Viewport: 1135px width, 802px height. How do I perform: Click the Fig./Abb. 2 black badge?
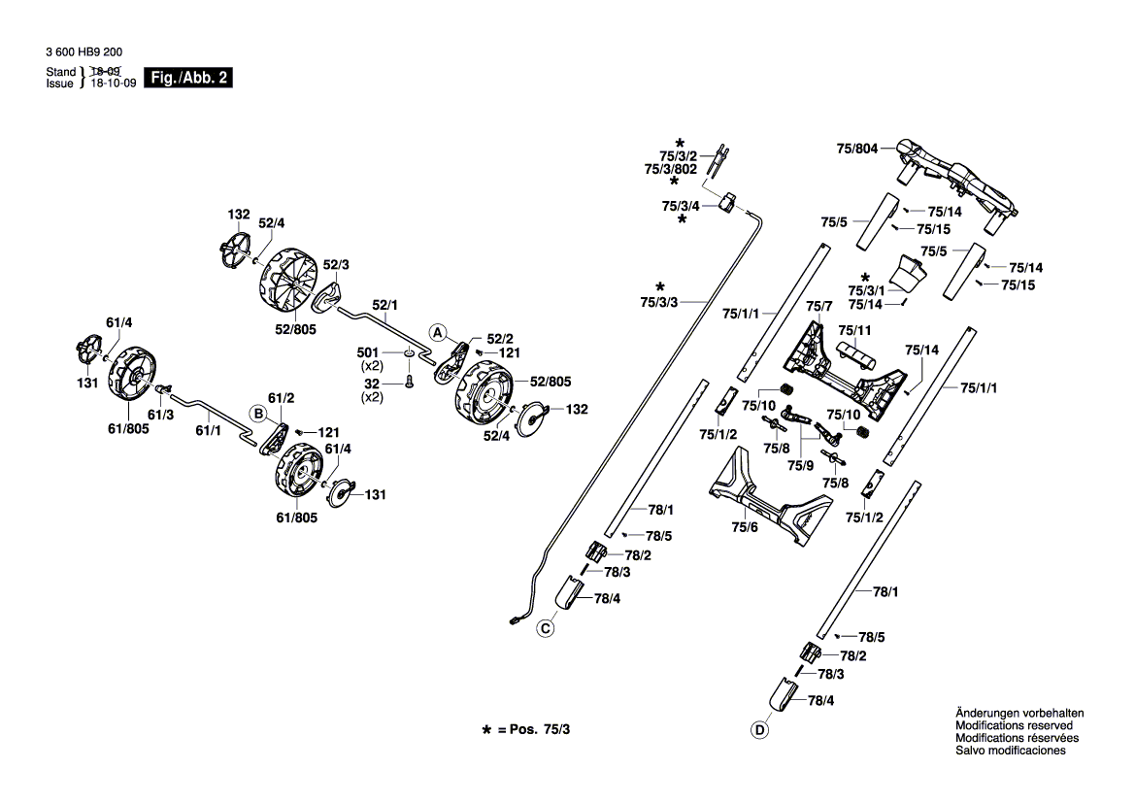coord(187,78)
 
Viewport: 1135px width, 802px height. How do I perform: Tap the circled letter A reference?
coord(438,332)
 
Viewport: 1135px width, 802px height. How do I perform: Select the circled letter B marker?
coord(258,413)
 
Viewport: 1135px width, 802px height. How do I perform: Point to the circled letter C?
coord(546,630)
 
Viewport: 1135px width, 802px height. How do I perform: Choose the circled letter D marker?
coord(758,730)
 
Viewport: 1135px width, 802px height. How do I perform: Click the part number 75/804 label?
coord(856,150)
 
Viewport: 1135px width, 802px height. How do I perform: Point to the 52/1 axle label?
coord(384,303)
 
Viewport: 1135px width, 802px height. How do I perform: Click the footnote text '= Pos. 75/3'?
coord(534,728)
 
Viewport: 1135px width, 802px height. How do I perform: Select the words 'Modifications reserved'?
coord(1014,726)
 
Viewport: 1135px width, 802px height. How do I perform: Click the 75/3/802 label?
coord(671,169)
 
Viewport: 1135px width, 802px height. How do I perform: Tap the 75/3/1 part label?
coord(866,291)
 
